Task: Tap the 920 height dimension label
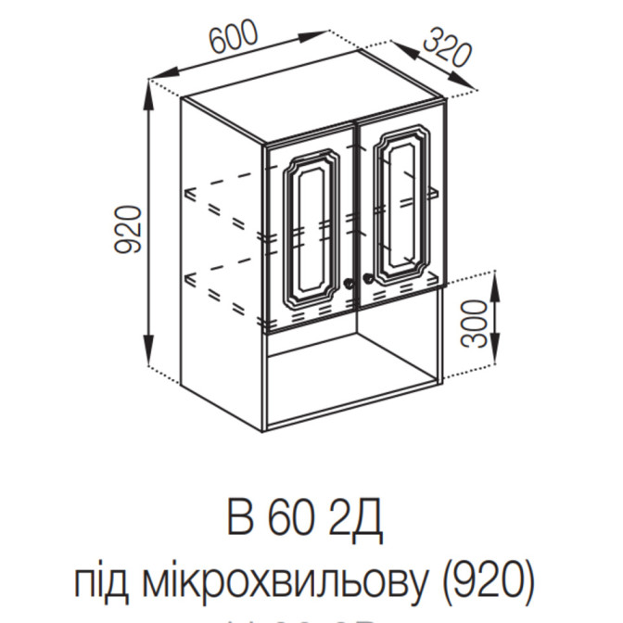click(x=130, y=231)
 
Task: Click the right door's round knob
click(x=367, y=278)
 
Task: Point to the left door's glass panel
click(x=310, y=228)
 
